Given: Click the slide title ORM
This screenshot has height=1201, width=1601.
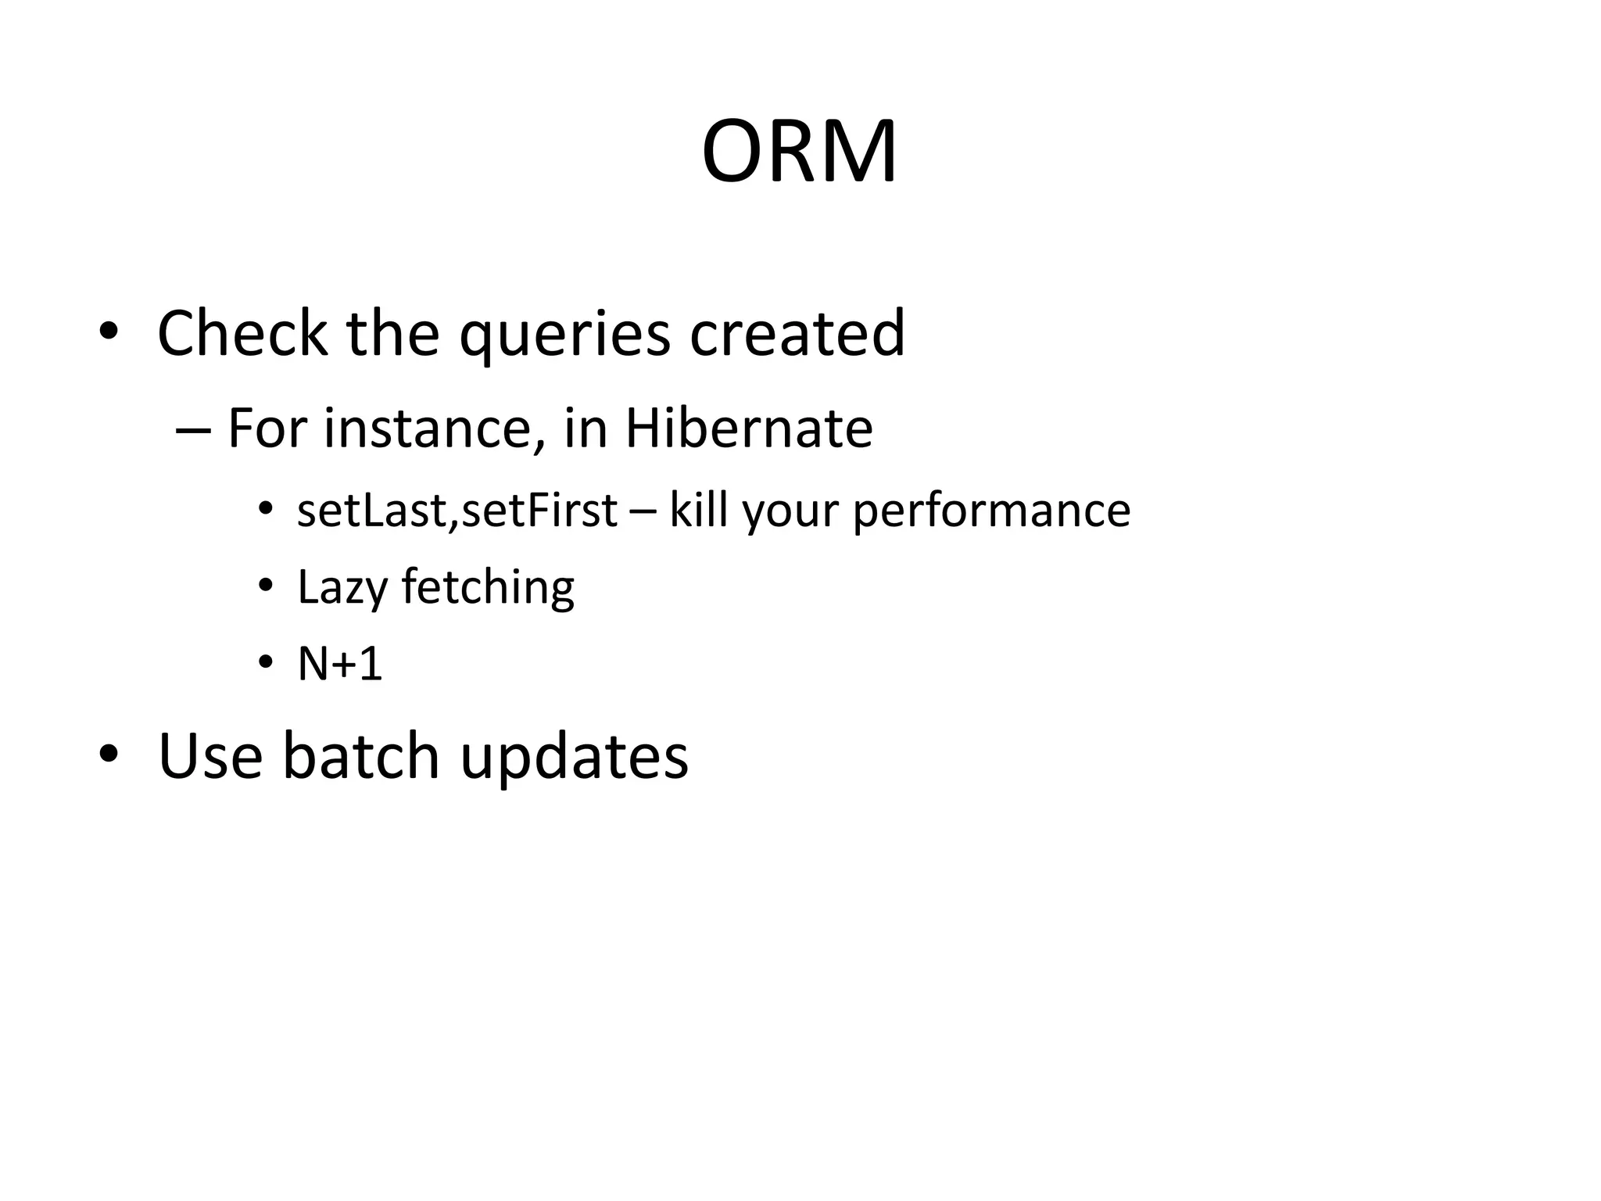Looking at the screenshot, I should (x=799, y=152).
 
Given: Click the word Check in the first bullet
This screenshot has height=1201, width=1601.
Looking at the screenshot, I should (x=242, y=334).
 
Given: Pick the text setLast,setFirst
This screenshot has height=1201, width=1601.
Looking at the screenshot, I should (x=457, y=511).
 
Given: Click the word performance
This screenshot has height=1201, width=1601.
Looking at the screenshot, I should (x=990, y=512).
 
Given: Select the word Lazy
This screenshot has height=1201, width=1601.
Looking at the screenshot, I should (x=342, y=588).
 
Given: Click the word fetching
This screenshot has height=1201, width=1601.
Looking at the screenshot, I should (x=488, y=588).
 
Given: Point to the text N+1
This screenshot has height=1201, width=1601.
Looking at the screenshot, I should (x=340, y=665).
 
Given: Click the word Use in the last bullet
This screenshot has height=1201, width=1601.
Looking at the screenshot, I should (x=210, y=756).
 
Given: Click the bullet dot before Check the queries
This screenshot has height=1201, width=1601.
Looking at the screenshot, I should (x=108, y=332).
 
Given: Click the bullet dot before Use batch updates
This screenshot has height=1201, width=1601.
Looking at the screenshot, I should (x=108, y=754).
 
